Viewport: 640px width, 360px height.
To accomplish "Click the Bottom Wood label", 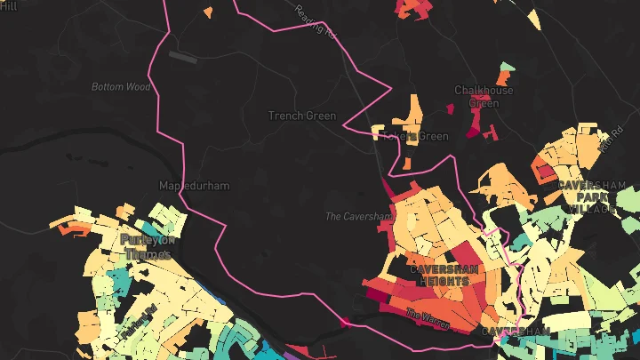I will pyautogui.click(x=120, y=87).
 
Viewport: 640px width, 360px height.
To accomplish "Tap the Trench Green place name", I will pyautogui.click(x=302, y=116).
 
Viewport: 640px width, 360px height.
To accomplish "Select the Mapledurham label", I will pyautogui.click(x=194, y=186).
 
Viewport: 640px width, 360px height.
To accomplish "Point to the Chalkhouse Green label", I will pyautogui.click(x=484, y=96).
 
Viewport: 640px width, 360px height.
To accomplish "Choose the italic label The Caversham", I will pyautogui.click(x=357, y=216).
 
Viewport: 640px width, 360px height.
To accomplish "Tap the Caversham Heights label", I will pyautogui.click(x=439, y=275).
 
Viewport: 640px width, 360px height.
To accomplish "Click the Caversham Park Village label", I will pyautogui.click(x=592, y=196).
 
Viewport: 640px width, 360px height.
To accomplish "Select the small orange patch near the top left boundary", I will pyautogui.click(x=208, y=12).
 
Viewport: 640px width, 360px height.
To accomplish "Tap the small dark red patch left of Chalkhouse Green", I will pyautogui.click(x=449, y=108).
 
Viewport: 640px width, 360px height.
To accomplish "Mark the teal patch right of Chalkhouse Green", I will pyautogui.click(x=507, y=68).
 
